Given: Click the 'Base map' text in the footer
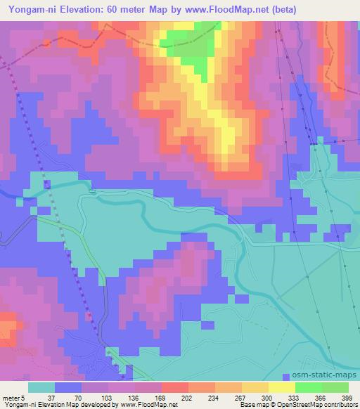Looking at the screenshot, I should (x=250, y=405).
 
